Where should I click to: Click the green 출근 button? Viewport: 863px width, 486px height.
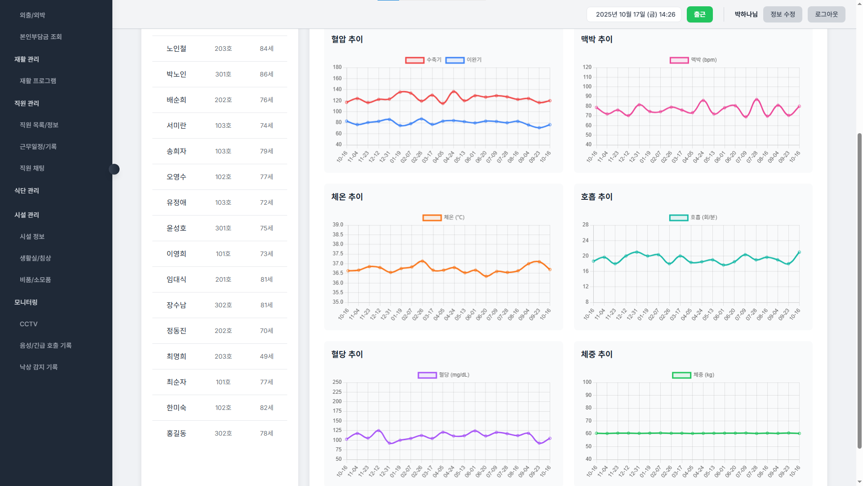pos(699,14)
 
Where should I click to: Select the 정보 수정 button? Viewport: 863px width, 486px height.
pos(783,14)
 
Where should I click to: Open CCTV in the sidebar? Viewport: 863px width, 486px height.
pos(29,324)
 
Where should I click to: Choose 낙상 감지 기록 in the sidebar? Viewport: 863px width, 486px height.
pos(39,367)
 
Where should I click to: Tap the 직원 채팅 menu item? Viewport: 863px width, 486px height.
pos(32,168)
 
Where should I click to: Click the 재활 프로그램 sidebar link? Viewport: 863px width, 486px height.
pos(38,81)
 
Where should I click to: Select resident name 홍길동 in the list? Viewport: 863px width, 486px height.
pos(176,433)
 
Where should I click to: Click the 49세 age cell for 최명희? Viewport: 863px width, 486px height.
pos(267,356)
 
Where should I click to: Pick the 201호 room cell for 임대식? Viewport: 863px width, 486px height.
pos(223,279)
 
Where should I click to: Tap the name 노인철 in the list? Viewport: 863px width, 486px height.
pos(176,49)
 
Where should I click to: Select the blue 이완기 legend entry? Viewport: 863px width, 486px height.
pos(463,60)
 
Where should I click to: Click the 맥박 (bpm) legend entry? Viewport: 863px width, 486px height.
pos(693,60)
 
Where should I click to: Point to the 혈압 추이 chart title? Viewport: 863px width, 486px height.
pos(347,39)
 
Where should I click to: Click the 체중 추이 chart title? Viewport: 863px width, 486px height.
pos(596,354)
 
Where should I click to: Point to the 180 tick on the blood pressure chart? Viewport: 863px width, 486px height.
pos(337,67)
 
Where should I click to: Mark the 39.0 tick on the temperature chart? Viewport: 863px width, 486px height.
pos(338,225)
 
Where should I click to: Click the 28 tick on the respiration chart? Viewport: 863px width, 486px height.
pos(585,225)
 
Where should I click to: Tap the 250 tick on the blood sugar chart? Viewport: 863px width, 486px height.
pos(337,382)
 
